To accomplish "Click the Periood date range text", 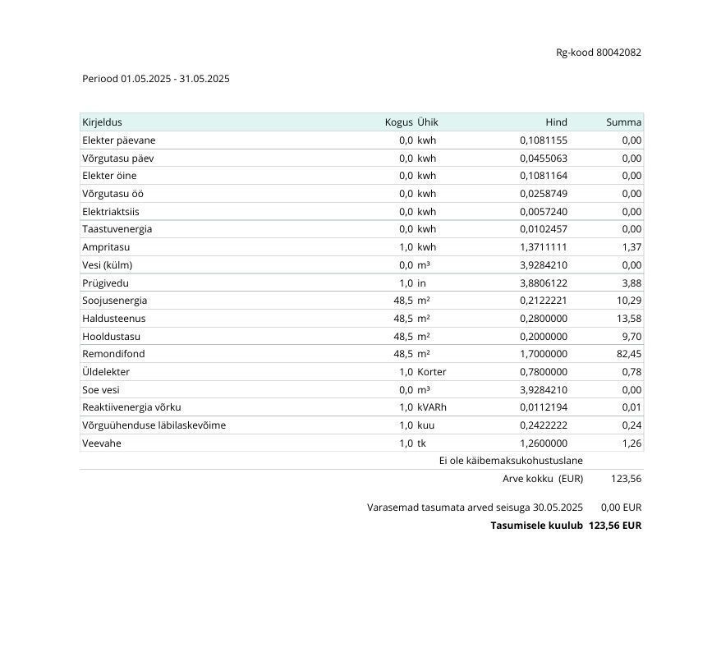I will (156, 79).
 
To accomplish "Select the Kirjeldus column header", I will (102, 122).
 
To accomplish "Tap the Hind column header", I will (556, 122).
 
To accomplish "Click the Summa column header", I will (623, 122).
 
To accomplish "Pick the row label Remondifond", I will (113, 354).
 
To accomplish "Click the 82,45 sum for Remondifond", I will (628, 354).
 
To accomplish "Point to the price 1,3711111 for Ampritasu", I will (543, 247).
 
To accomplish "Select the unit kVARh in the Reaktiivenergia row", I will (432, 407).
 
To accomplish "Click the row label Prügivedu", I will (105, 283).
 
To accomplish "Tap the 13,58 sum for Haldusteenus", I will (628, 319).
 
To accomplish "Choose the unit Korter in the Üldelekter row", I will (431, 372).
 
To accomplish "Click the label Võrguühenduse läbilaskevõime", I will (154, 425).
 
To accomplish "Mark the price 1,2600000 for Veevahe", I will (543, 443).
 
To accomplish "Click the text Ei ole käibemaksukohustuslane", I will (511, 461).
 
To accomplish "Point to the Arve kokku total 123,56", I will (626, 479).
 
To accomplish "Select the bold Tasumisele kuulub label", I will (536, 526).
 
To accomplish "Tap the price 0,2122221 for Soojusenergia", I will (543, 301).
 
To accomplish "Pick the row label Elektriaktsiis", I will (111, 212).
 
